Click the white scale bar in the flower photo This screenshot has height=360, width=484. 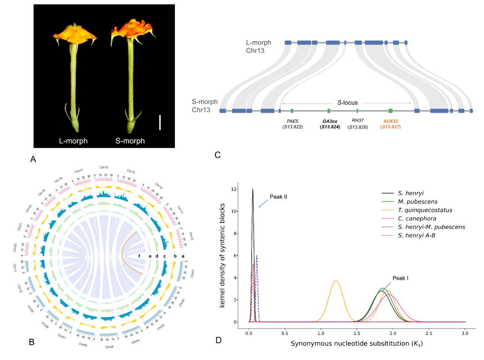pos(160,123)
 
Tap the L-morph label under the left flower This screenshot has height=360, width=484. pos(73,141)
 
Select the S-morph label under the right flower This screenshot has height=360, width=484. pos(130,141)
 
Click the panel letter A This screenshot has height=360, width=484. pos(33,160)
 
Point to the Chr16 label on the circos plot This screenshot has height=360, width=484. pos(103,167)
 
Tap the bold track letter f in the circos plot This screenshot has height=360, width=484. pos(140,256)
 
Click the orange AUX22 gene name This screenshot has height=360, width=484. pos(390,121)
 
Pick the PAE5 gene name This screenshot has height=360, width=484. pos(292,121)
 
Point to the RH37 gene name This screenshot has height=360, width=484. pos(358,121)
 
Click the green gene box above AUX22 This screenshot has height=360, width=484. pos(390,111)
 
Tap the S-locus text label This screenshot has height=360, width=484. pos(346,103)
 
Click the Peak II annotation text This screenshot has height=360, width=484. pos(278,197)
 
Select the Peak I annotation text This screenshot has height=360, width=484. pos(400,278)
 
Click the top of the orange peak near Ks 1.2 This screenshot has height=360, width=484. pos(336,281)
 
